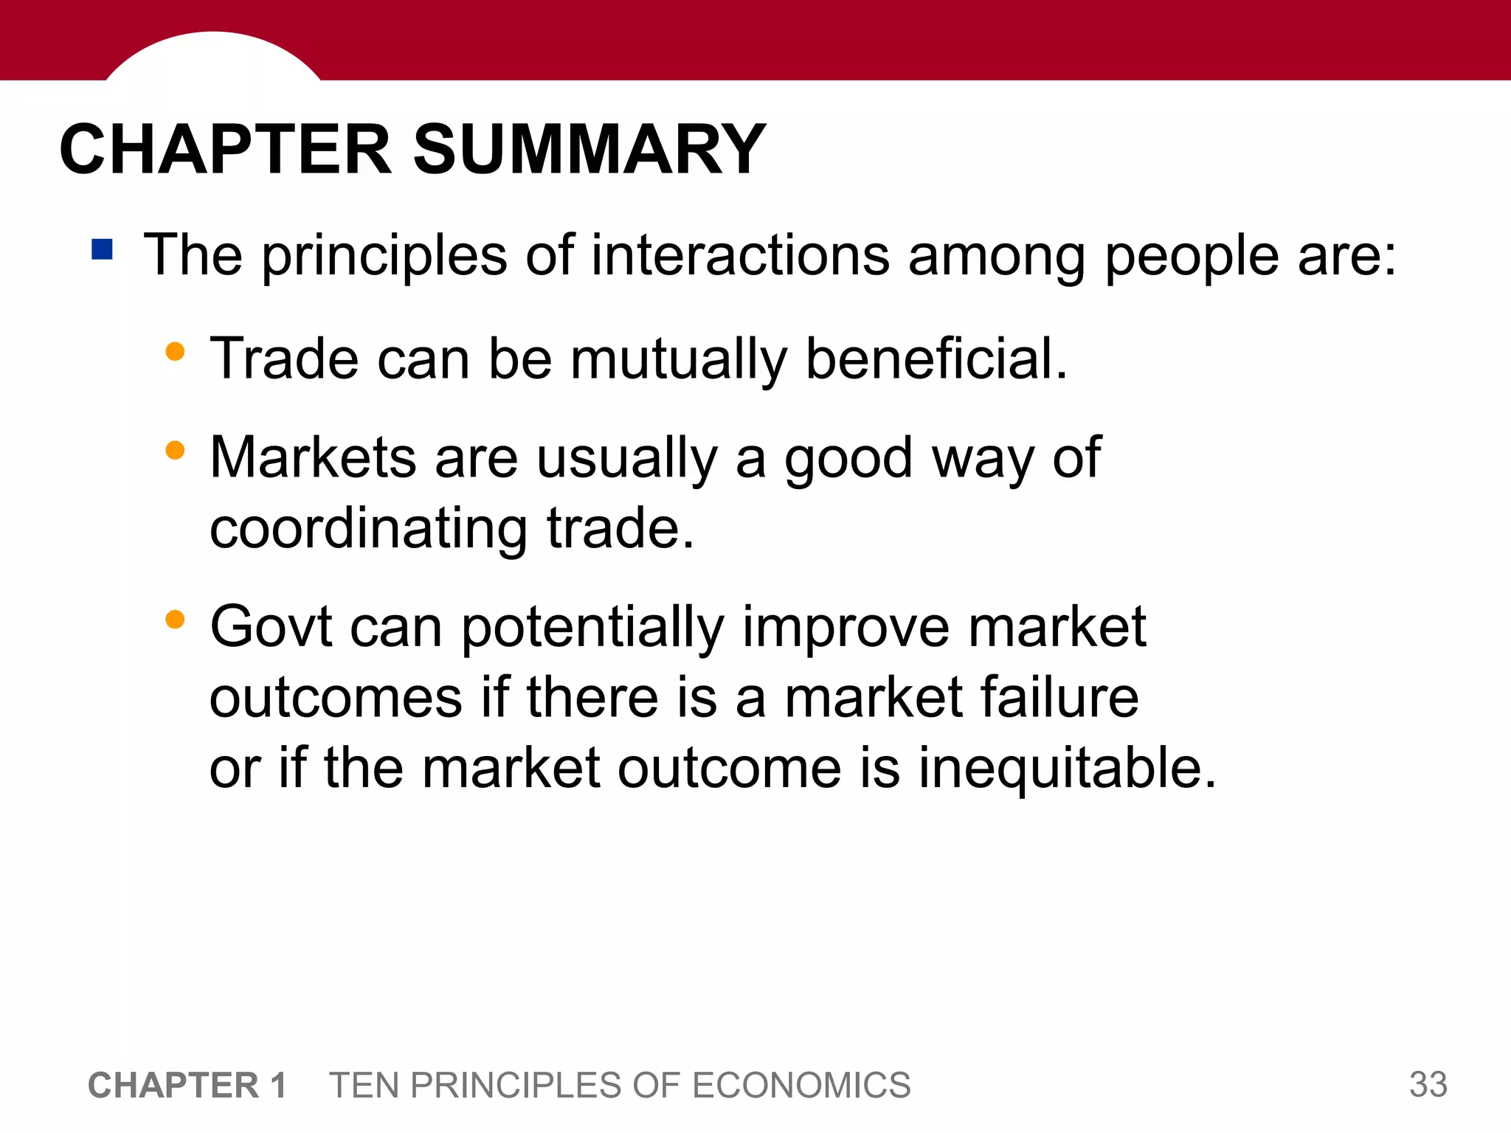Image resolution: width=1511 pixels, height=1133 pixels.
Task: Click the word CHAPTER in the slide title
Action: pyautogui.click(x=225, y=150)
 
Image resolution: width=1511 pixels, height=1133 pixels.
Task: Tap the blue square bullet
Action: pyautogui.click(x=102, y=249)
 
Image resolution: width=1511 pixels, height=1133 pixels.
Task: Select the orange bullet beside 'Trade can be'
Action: pyautogui.click(x=175, y=351)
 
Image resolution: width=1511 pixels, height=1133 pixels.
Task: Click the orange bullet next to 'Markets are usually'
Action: pyautogui.click(x=175, y=450)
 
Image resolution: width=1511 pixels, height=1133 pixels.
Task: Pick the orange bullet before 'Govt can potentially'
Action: pyautogui.click(x=175, y=619)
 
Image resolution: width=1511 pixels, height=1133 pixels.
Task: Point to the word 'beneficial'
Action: pyautogui.click(x=936, y=358)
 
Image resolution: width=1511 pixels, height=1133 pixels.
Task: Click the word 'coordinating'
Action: pyautogui.click(x=368, y=530)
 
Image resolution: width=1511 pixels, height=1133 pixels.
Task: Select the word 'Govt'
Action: pyautogui.click(x=271, y=627)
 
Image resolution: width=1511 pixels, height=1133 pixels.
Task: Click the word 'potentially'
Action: pyautogui.click(x=592, y=628)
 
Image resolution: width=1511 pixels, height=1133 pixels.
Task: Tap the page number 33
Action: pyautogui.click(x=1428, y=1084)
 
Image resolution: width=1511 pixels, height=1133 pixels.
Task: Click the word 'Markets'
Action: pyautogui.click(x=313, y=458)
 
